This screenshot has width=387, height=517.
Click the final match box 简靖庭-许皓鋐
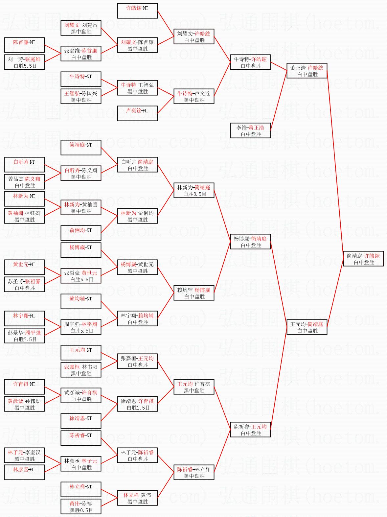(x=363, y=259)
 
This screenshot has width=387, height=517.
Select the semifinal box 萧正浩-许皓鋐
(x=307, y=71)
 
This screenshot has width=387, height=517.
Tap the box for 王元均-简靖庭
(x=307, y=327)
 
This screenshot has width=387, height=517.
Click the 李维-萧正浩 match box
(x=250, y=131)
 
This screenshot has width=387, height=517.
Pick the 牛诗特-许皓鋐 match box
(x=250, y=62)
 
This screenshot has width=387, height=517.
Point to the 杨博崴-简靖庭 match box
(x=250, y=242)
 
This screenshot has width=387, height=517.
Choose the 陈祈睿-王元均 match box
(x=250, y=430)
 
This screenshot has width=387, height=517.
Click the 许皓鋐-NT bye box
(x=137, y=11)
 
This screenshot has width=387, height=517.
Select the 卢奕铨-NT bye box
(x=137, y=113)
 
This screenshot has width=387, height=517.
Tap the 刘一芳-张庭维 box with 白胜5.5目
(x=24, y=62)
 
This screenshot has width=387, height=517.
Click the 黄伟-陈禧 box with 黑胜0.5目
(x=81, y=507)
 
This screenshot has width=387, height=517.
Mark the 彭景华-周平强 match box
(x=24, y=336)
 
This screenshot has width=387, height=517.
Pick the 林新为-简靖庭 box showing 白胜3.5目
(x=194, y=191)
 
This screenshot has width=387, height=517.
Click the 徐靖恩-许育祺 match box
(x=137, y=404)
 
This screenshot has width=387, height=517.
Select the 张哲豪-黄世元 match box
(x=81, y=276)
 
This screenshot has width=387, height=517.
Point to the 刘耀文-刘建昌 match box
(x=81, y=28)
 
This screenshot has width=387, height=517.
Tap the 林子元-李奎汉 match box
(x=24, y=456)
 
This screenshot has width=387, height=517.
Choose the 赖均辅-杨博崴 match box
(x=194, y=293)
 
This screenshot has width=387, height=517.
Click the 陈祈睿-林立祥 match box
(x=194, y=473)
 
